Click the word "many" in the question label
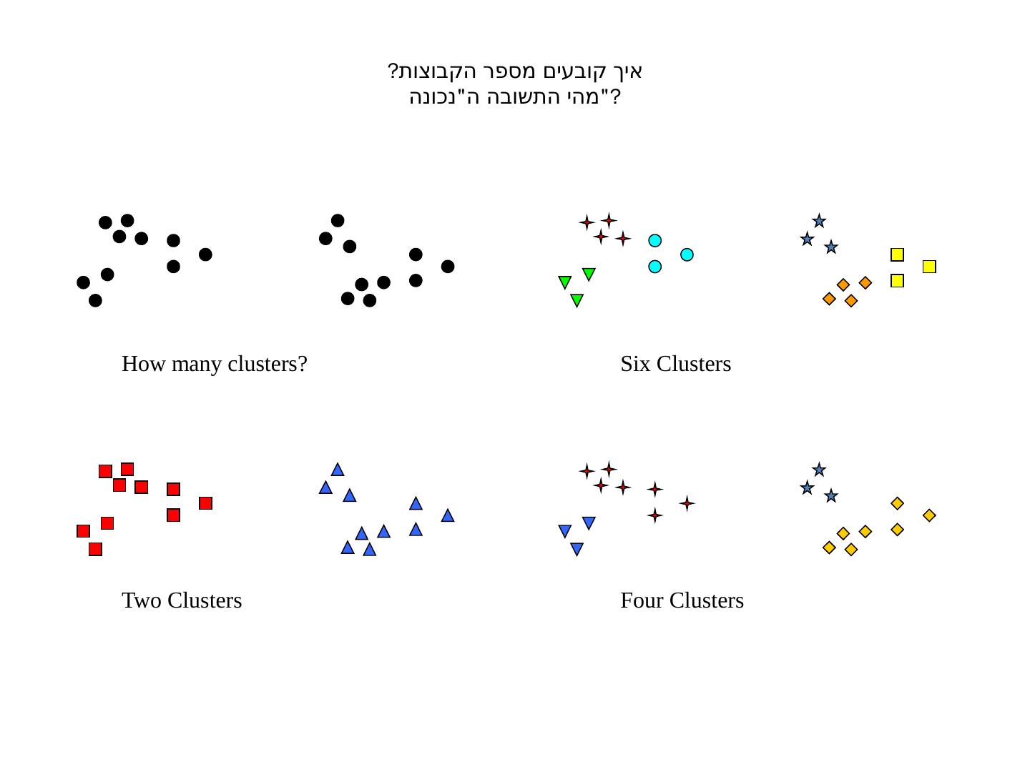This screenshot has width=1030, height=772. pos(197,365)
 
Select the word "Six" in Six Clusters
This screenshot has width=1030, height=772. pos(635,364)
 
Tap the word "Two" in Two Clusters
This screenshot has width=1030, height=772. pos(141,600)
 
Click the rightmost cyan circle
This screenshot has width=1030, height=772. pos(687,254)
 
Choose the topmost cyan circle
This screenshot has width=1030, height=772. pos(654,241)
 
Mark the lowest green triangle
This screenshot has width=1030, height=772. pos(577,300)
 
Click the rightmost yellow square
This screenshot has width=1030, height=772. pos(929,267)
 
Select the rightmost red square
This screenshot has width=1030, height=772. pos(205,503)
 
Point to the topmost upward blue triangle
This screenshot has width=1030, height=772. pos(338,470)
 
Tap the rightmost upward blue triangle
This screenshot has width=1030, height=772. pos(448,515)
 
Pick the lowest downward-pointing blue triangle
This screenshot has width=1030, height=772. pos(577,549)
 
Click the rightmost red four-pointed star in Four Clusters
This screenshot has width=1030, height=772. pos(687,503)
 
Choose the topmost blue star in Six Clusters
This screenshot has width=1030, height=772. pos(819,221)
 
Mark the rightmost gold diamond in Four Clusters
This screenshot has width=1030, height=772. pos(929,515)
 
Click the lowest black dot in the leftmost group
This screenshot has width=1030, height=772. pos(95,301)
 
